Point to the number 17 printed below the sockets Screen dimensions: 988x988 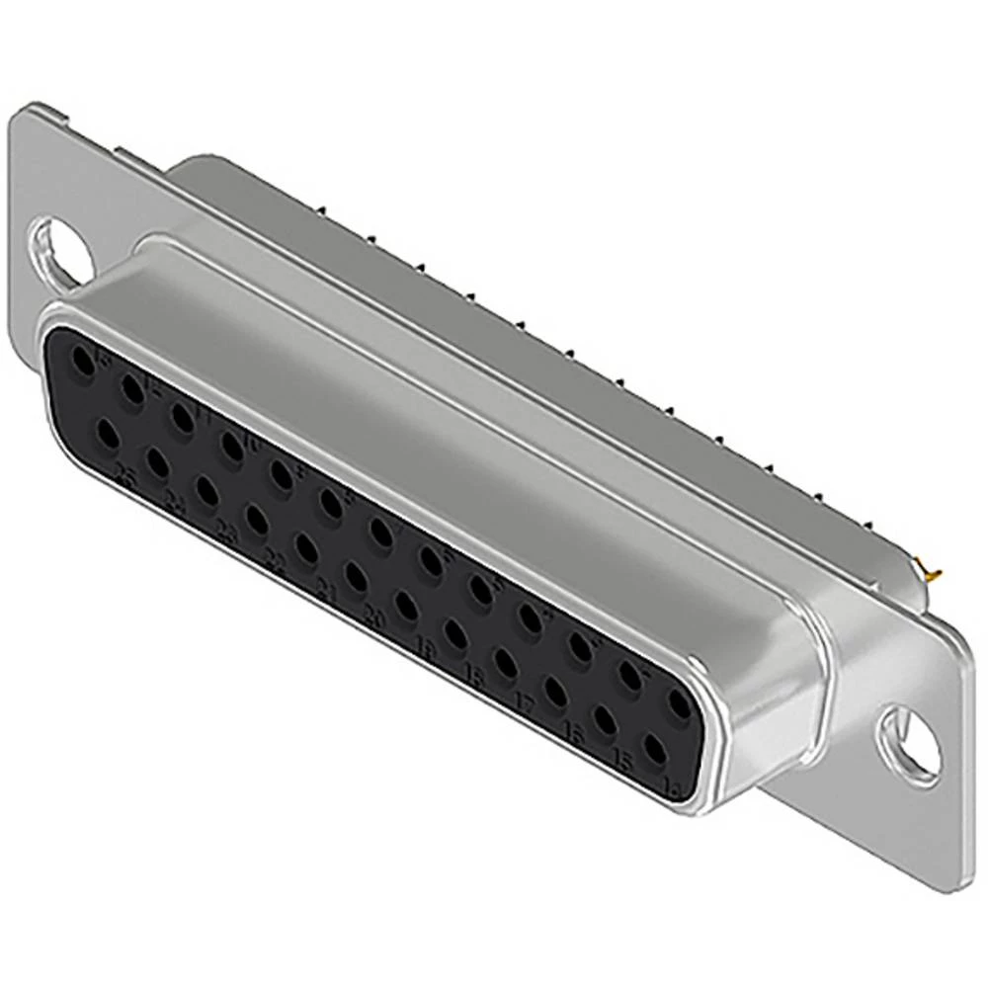tap(527, 702)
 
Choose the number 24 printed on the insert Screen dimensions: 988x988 tap(174, 506)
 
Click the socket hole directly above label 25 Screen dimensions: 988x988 tap(106, 433)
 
